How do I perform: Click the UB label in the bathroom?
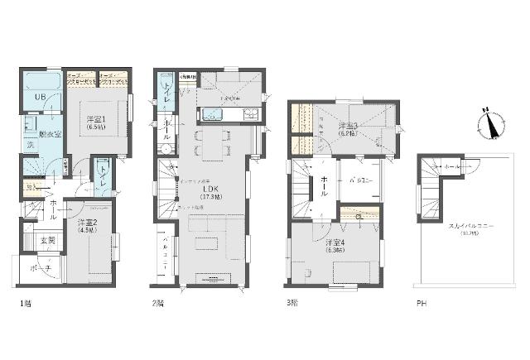pos(39,98)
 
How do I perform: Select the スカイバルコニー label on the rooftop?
pos(470,224)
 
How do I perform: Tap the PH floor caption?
pos(421,303)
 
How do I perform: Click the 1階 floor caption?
pos(25,303)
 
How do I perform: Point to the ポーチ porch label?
pos(45,270)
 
